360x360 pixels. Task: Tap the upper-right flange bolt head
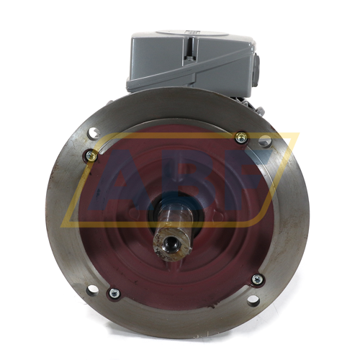tap(241, 138)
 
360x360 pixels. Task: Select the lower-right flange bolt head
tap(257, 279)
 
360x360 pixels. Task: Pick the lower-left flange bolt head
tap(112, 292)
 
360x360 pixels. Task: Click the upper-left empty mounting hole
tap(94, 132)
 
